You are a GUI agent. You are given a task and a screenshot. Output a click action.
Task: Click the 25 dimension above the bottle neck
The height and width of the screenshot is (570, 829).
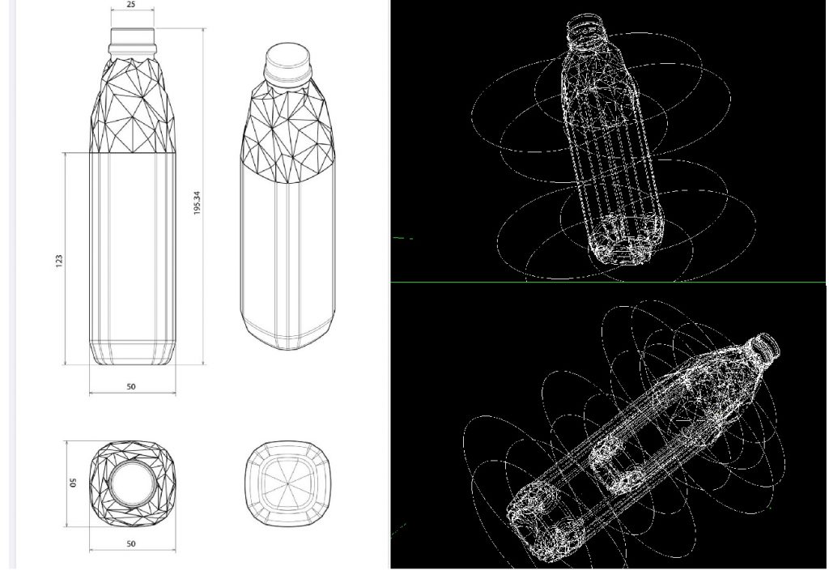point(131,5)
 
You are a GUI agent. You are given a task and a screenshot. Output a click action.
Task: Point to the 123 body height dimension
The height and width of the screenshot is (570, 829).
point(59,261)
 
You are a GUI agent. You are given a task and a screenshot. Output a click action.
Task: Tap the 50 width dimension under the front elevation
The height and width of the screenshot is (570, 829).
point(131,387)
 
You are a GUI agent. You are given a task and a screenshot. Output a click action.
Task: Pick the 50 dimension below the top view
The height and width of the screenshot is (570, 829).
point(131,544)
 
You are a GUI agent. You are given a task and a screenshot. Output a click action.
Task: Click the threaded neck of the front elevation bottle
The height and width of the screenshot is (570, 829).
point(131,37)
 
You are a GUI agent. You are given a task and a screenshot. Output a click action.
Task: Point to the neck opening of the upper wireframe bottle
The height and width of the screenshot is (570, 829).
point(585,26)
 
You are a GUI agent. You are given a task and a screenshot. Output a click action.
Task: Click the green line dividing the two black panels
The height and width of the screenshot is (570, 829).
point(607,282)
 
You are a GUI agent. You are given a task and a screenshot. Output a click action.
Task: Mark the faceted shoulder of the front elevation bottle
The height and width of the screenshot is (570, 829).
point(131,105)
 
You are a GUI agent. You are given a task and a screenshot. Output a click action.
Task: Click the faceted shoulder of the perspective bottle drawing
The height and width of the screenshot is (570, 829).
point(288,130)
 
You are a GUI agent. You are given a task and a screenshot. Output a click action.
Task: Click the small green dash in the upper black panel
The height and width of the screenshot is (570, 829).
point(403,238)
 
